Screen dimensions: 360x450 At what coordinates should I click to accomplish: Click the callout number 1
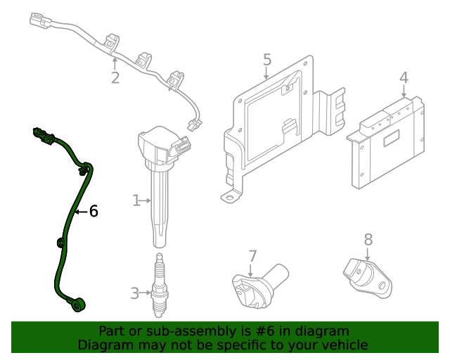coord(136,201)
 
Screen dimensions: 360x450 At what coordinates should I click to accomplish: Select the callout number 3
coord(134,293)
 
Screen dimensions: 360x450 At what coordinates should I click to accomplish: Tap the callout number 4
coord(404,77)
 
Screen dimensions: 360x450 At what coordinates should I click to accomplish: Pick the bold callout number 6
coord(93,211)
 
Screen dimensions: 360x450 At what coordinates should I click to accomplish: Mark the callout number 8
coord(368,240)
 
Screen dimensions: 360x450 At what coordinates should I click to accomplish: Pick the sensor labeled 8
coord(366,274)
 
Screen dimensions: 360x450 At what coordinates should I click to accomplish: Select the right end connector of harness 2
coord(193,126)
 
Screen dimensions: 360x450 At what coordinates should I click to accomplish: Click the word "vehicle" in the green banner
coord(344,345)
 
